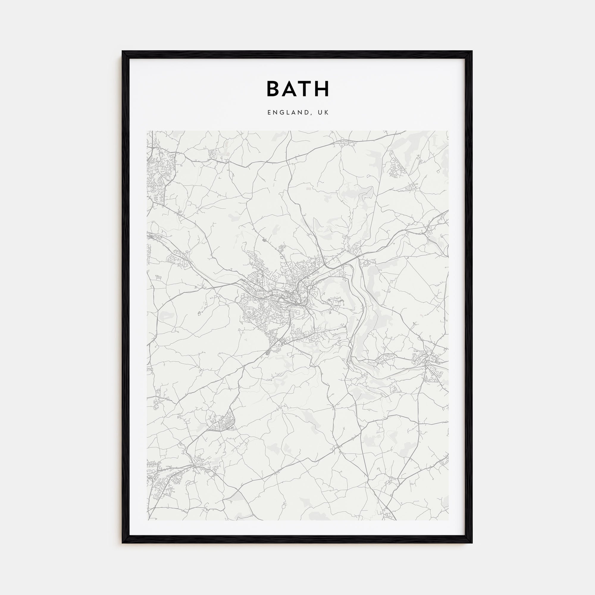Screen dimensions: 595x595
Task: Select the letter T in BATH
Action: click(x=306, y=89)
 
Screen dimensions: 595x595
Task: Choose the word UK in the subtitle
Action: click(x=324, y=113)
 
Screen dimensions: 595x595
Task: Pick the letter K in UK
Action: click(x=327, y=113)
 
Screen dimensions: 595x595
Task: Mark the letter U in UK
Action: click(x=321, y=113)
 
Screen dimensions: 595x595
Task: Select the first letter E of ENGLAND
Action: click(x=270, y=113)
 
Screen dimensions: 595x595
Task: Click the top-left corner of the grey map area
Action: click(x=147, y=131)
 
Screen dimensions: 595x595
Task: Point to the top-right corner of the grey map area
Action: click(x=448, y=131)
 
